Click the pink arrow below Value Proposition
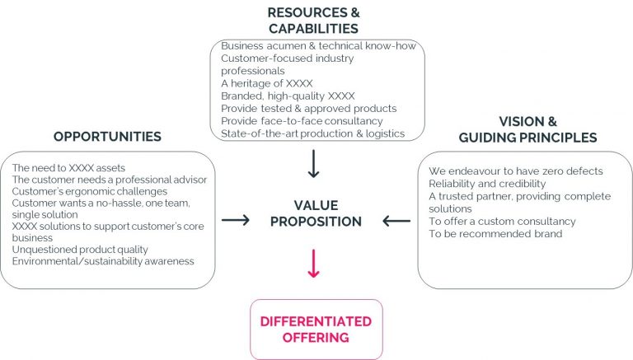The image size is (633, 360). coord(314,264)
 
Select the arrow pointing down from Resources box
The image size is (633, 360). coord(314,164)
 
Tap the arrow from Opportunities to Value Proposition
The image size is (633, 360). coord(236,220)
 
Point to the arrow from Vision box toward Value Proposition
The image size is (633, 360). coord(396,221)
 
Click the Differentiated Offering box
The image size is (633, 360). coord(316,330)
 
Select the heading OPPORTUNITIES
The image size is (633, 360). coord(107,137)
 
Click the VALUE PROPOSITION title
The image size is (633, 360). coord(316,213)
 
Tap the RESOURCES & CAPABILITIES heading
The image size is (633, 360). coord(314,21)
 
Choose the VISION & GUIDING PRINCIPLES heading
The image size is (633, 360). coord(528,129)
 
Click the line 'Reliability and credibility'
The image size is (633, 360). coord(487,184)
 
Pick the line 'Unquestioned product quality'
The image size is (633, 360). coord(80,250)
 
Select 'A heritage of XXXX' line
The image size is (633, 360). coord(267,83)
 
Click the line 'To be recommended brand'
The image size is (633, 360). coord(495,234)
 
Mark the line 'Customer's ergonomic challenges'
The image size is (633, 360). coord(90,191)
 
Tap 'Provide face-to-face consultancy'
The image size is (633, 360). coord(302,121)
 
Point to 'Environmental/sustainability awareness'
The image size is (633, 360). coord(103,261)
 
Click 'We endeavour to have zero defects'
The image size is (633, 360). coord(516,171)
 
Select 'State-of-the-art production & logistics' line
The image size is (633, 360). coord(313,133)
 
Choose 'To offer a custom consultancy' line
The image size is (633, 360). coord(502,221)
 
